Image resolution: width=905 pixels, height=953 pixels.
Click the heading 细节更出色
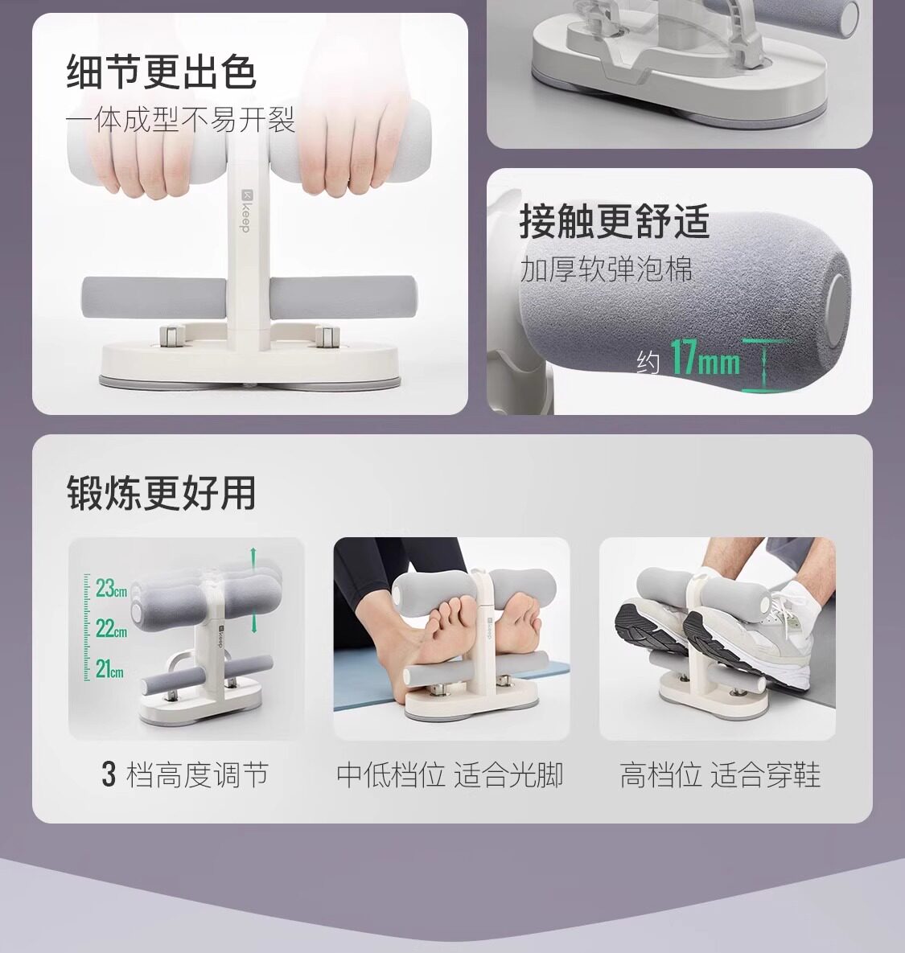161,72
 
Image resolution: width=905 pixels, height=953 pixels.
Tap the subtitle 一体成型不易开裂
180,120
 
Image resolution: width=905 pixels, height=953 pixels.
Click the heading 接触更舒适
615,220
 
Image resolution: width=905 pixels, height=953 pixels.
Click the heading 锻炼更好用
161,493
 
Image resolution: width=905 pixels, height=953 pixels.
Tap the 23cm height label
111,588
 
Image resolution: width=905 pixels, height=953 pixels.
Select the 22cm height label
111,628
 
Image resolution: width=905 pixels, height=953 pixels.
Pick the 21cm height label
110,668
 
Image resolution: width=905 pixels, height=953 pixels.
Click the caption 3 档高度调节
185,775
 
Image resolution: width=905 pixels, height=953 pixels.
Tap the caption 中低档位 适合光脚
450,775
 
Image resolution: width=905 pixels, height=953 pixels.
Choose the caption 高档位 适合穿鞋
720,775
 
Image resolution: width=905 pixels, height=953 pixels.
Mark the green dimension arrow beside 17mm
763,364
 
